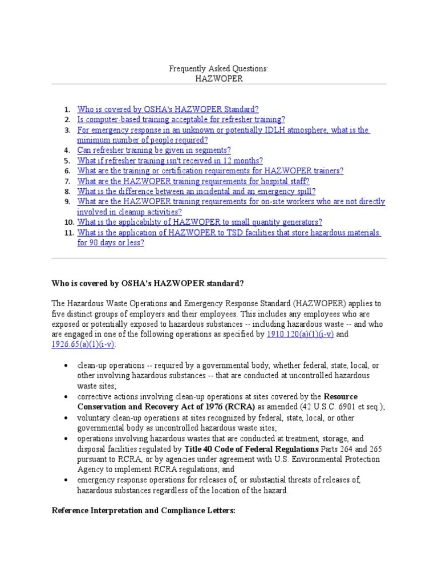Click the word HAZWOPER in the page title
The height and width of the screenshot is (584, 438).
coord(219,78)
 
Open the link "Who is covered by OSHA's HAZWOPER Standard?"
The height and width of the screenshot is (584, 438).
coord(168,108)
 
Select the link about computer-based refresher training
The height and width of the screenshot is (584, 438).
coord(181,119)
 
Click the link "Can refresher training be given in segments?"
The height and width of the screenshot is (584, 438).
coord(154,150)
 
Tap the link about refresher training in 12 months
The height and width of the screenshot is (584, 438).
coord(170,160)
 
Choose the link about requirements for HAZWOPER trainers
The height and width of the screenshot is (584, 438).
coord(210,171)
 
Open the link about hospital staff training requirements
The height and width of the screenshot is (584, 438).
coord(193,181)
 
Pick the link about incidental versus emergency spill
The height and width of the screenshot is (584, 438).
coord(196,191)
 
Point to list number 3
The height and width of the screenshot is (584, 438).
coord(67,130)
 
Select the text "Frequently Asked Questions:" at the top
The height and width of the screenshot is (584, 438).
coord(219,68)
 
